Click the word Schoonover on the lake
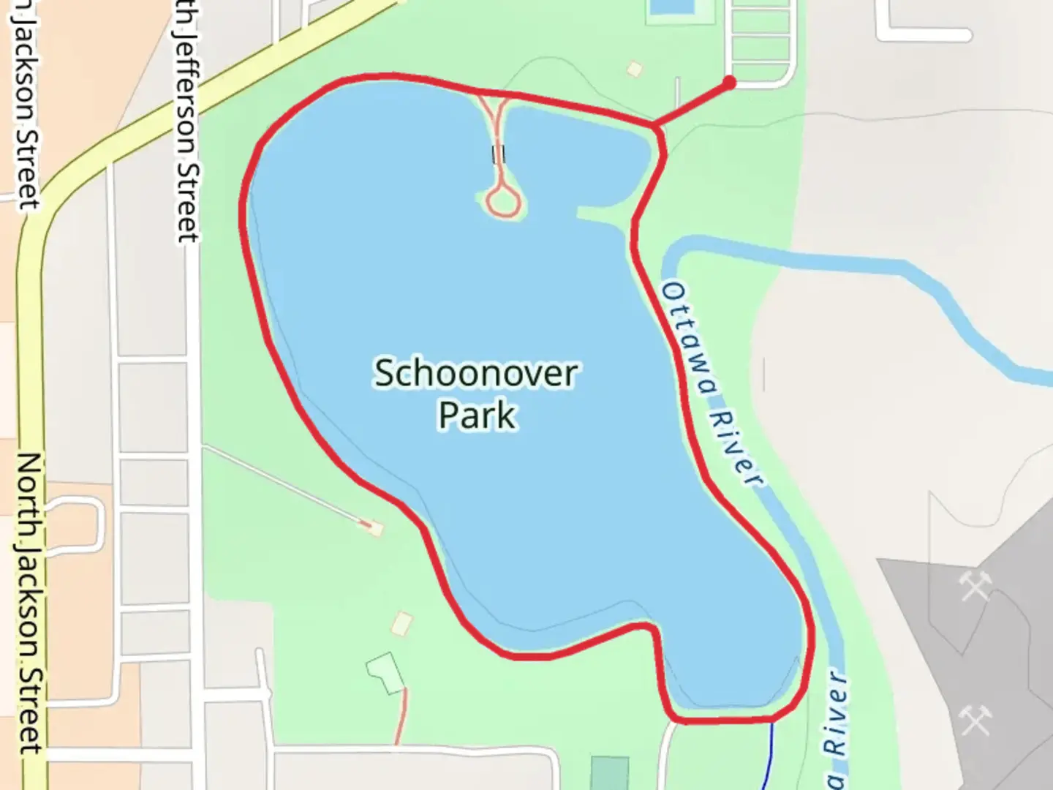coord(476,374)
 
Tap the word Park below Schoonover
coord(478,415)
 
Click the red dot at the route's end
coord(728,83)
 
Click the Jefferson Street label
coord(186,121)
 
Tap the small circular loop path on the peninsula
coord(503,199)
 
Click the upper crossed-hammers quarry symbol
coord(975,585)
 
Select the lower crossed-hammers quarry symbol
coord(975,720)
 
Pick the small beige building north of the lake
coord(634,69)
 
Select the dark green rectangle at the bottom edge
coord(609,773)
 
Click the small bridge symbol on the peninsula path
coord(499,154)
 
